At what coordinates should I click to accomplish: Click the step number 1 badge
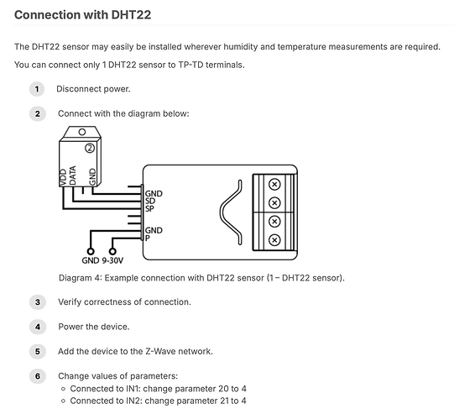pyautogui.click(x=37, y=89)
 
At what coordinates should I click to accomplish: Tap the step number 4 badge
pyautogui.click(x=38, y=327)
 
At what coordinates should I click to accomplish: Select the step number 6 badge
pyautogui.click(x=38, y=376)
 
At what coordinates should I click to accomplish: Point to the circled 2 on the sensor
pyautogui.click(x=90, y=148)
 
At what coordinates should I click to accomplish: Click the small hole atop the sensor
pyautogui.click(x=82, y=132)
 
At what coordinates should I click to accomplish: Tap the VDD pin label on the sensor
pyautogui.click(x=63, y=177)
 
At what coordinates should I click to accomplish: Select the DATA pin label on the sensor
pyautogui.click(x=72, y=175)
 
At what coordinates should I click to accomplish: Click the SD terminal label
pyautogui.click(x=150, y=201)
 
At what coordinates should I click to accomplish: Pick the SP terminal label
pyautogui.click(x=149, y=208)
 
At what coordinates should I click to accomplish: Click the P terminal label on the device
pyautogui.click(x=148, y=238)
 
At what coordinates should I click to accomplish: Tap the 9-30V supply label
pyautogui.click(x=112, y=260)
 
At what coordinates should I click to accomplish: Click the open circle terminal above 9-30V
pyautogui.click(x=112, y=251)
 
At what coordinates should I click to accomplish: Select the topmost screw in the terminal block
pyautogui.click(x=274, y=184)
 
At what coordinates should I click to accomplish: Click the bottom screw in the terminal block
pyautogui.click(x=274, y=240)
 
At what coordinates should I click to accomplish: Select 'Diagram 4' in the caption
pyautogui.click(x=79, y=278)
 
